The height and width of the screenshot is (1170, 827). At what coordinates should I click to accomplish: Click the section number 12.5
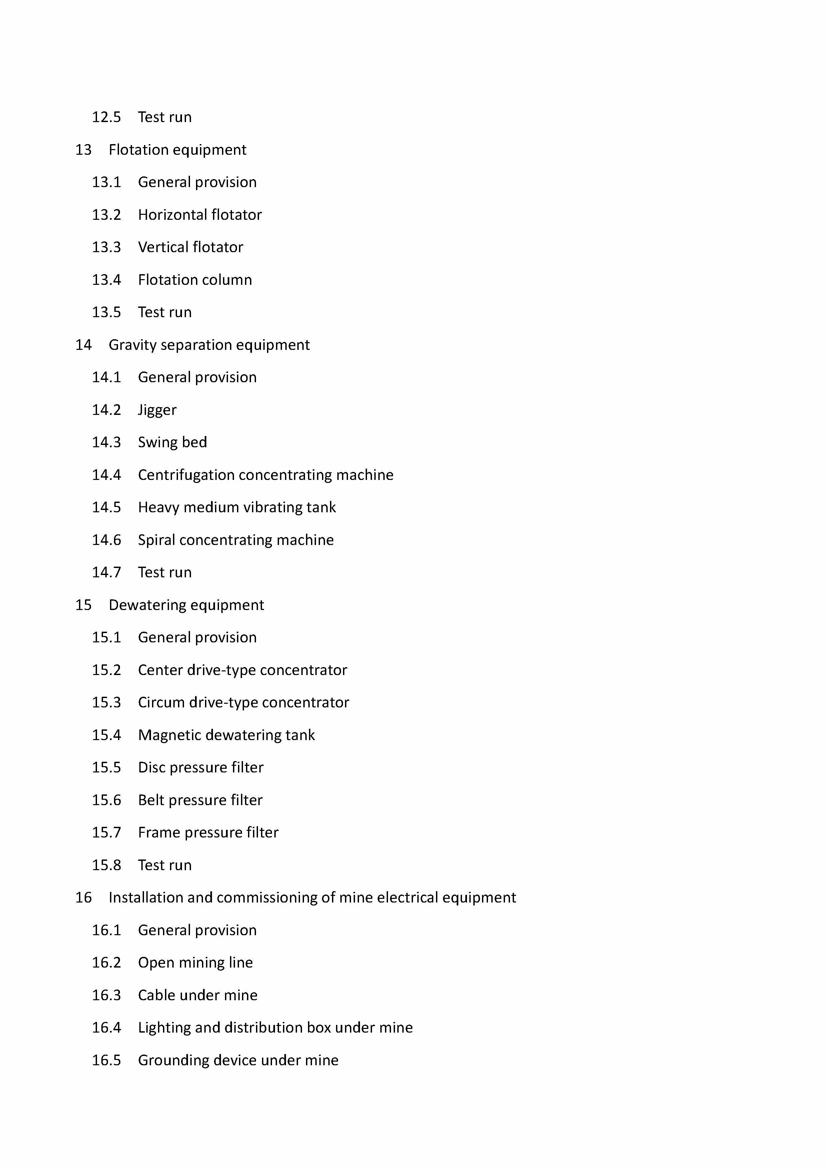[x=106, y=117]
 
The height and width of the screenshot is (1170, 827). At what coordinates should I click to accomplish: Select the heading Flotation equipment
[x=177, y=150]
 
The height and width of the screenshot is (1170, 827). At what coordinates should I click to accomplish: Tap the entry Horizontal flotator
[x=200, y=214]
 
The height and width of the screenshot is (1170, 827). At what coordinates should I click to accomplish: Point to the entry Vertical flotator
[x=190, y=247]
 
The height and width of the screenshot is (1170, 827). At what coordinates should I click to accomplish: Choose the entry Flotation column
[x=195, y=280]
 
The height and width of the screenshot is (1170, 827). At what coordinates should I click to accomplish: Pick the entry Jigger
[x=157, y=410]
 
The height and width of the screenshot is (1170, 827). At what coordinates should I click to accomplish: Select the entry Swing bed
[x=172, y=442]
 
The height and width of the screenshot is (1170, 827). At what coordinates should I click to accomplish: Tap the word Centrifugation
[x=186, y=475]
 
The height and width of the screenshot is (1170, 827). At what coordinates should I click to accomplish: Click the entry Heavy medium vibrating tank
[x=237, y=508]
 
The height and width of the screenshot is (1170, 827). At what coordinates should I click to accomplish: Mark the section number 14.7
[x=106, y=572]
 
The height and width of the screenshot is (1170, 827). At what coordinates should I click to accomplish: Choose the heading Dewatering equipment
[x=186, y=605]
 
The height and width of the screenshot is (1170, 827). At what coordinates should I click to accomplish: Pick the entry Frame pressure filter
[x=208, y=833]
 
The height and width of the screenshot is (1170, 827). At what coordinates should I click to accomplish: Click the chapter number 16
[x=84, y=898]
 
